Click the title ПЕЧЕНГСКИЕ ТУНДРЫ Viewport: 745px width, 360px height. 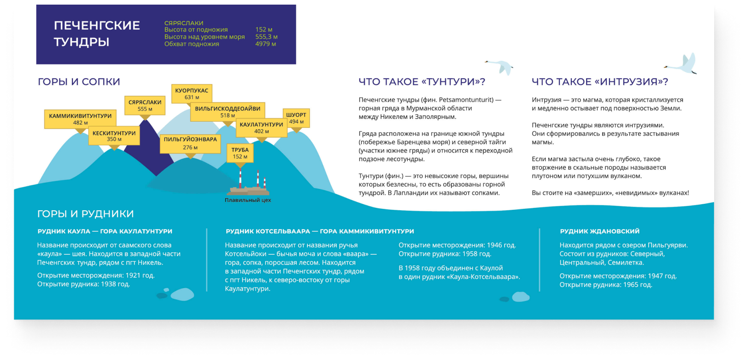pyautogui.click(x=97, y=34)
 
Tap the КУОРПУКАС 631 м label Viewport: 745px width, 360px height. pyautogui.click(x=192, y=94)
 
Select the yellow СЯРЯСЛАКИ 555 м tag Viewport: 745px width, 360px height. pyautogui.click(x=145, y=106)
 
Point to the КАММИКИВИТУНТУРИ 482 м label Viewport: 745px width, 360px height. pyautogui.click(x=80, y=119)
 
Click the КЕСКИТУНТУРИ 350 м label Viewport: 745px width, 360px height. pyautogui.click(x=114, y=136)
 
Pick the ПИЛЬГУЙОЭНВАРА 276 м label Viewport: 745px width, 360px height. pyautogui.click(x=190, y=143)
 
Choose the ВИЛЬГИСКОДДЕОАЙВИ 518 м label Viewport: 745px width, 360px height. pyautogui.click(x=228, y=112)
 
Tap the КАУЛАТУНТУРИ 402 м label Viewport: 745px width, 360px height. pyautogui.click(x=261, y=128)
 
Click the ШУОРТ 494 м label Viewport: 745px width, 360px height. pyautogui.click(x=296, y=118)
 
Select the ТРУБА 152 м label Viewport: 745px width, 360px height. pyautogui.click(x=240, y=153)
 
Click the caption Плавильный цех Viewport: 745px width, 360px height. pyautogui.click(x=248, y=200)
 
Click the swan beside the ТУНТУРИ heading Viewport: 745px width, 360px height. pyautogui.click(x=500, y=66)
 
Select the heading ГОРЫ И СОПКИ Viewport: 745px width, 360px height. pyautogui.click(x=79, y=82)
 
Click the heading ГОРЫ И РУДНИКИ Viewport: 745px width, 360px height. pyautogui.click(x=85, y=214)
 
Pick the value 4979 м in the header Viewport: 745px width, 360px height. pyautogui.click(x=265, y=44)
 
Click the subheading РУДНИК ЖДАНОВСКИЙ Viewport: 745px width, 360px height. pyautogui.click(x=599, y=231)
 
